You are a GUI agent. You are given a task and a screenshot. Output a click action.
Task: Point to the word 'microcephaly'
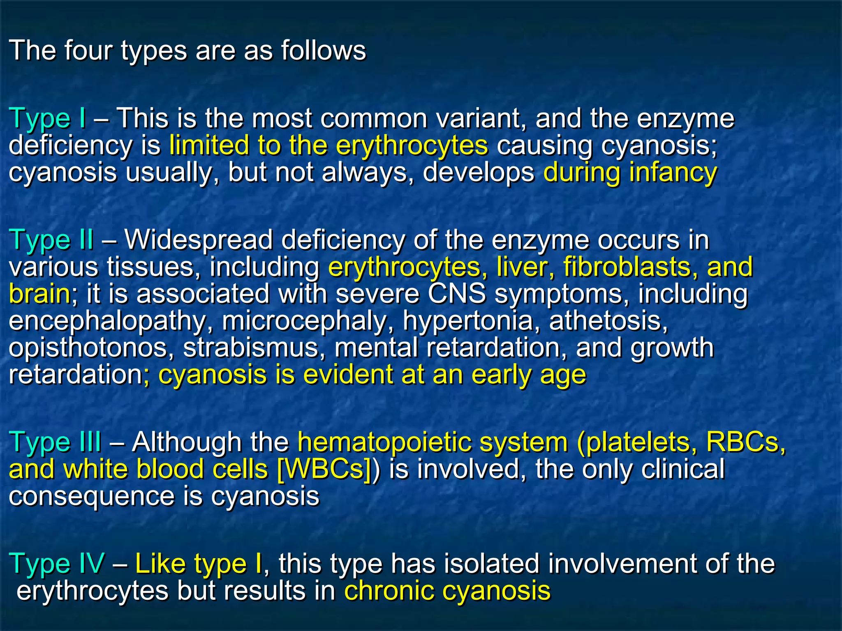click(304, 321)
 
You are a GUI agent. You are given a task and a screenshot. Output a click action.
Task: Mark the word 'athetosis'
click(608, 321)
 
